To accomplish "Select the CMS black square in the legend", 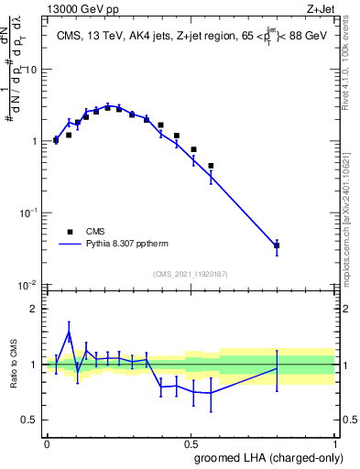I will [x=70, y=232].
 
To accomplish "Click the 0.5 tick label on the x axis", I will [x=191, y=442].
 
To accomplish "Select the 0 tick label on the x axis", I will [x=47, y=442].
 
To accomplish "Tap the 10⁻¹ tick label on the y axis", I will [x=29, y=213].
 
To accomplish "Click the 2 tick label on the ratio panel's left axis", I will [x=35, y=309].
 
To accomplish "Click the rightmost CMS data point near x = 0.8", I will [x=277, y=245].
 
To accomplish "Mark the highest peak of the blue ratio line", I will [x=69, y=332].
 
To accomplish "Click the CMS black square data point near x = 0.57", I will [x=211, y=166].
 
